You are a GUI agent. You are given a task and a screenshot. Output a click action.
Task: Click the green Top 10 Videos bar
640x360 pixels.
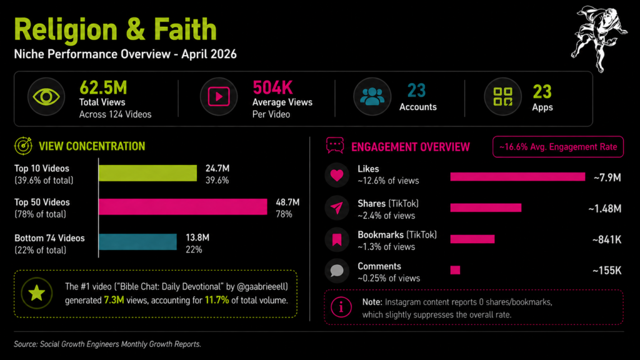[147, 173]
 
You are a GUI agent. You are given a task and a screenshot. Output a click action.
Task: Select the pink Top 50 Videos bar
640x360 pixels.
[183, 207]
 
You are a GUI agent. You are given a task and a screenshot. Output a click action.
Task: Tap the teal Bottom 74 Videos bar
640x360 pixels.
[137, 242]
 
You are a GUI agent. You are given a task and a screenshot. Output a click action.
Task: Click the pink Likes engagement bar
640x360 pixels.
[517, 177]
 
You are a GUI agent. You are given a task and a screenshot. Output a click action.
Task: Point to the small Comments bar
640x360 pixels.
[455, 270]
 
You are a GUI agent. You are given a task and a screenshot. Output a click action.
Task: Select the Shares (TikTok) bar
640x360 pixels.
[486, 207]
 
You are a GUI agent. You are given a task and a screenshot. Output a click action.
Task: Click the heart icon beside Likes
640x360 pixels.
[337, 176]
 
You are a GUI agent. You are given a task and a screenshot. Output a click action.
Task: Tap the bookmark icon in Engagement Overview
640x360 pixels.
[337, 239]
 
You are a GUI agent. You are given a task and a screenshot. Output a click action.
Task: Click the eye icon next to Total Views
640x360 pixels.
[45, 97]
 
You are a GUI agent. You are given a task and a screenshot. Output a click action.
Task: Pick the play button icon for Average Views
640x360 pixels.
[218, 97]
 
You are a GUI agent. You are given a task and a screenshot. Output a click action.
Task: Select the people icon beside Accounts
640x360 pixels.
[372, 97]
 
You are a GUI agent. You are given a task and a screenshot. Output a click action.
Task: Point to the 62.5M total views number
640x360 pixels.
[103, 87]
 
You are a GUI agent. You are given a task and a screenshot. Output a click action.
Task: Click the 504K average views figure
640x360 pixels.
[272, 87]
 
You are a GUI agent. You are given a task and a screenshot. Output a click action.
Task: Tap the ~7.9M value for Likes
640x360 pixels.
[607, 177]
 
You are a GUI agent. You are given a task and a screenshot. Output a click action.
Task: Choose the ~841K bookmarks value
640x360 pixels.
[606, 239]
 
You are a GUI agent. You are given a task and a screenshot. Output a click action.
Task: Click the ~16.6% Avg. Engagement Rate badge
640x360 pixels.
[558, 147]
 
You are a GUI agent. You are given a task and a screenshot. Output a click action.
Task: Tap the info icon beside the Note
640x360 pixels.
[341, 307]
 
